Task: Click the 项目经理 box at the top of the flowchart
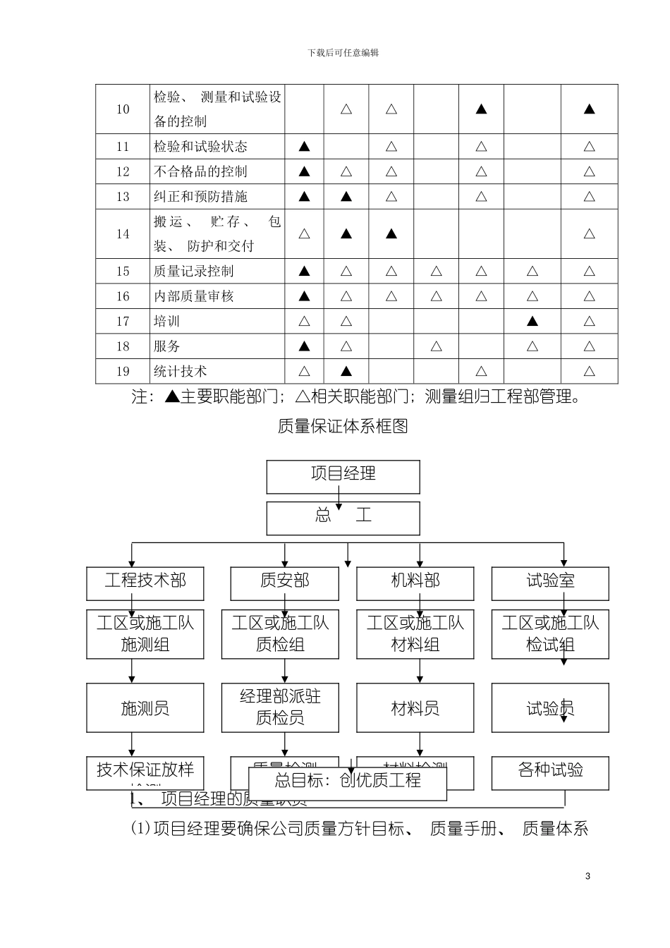(x=343, y=476)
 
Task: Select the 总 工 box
(x=343, y=518)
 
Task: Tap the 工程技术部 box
(x=145, y=583)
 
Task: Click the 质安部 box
(x=284, y=583)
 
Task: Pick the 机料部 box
(x=415, y=583)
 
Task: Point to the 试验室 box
(x=550, y=583)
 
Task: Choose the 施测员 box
(x=145, y=707)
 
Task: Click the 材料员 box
(x=415, y=707)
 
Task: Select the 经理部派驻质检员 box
(x=280, y=707)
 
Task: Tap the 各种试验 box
(x=550, y=770)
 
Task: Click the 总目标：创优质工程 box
(x=348, y=781)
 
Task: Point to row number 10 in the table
(x=123, y=109)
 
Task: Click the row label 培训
(x=167, y=322)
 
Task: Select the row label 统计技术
(x=181, y=371)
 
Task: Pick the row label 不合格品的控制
(x=200, y=171)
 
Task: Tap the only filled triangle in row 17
(x=532, y=322)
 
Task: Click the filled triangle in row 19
(x=346, y=371)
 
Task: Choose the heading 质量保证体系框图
(x=343, y=426)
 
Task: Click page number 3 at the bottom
(x=588, y=876)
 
